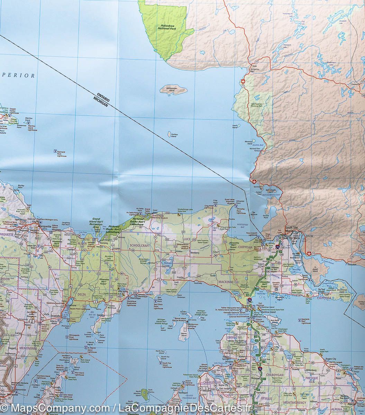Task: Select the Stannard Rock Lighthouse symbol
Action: coord(55,151)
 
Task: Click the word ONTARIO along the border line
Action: coord(101,95)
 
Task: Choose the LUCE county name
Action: coord(187,239)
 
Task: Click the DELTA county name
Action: coord(82,294)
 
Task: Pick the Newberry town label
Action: coord(195,253)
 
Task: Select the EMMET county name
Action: coord(232,337)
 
